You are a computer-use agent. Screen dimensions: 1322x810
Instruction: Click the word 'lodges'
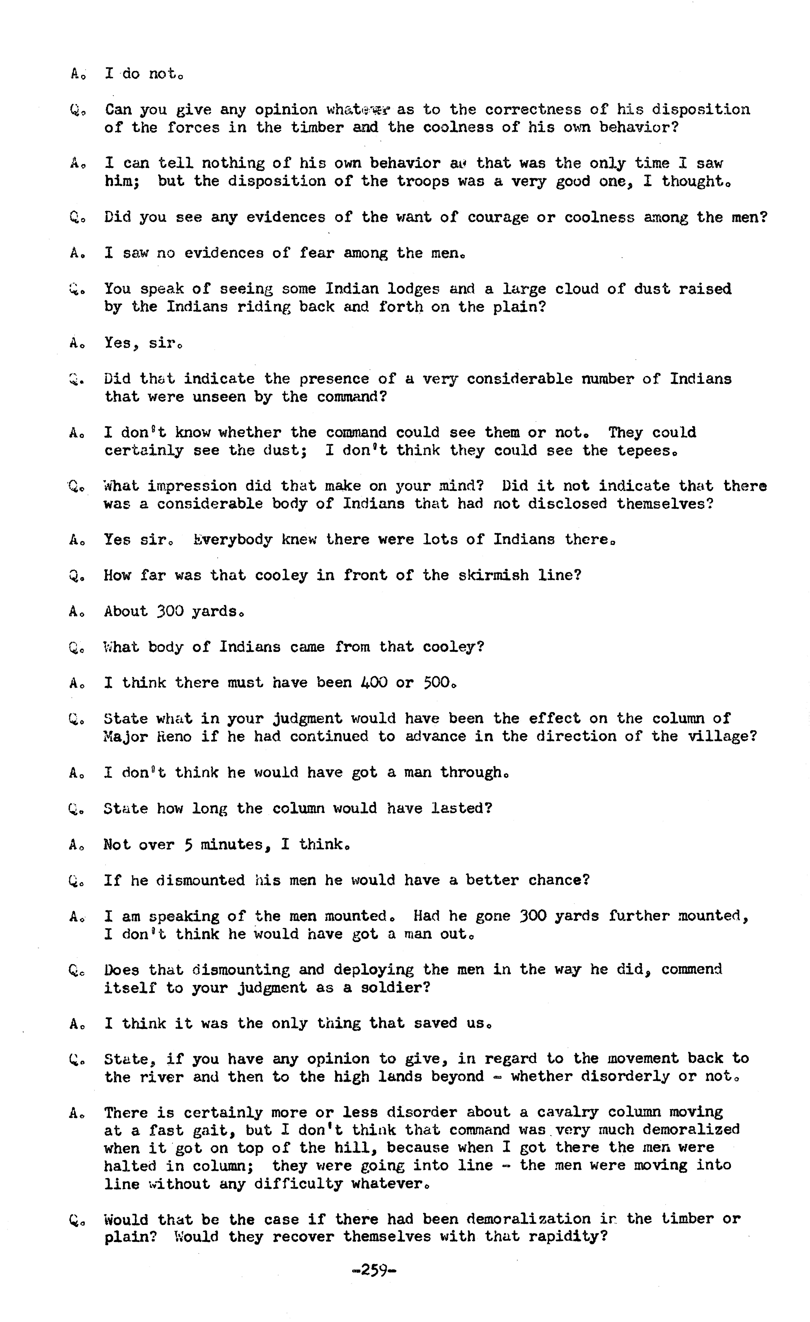click(413, 289)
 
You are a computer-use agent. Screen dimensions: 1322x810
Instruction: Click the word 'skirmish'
click(494, 575)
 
